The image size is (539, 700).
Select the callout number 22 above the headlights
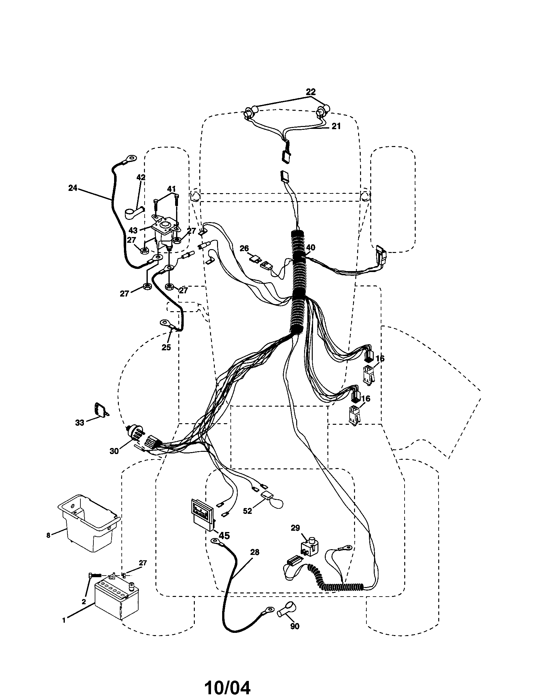coord(310,92)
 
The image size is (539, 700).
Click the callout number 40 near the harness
coord(310,248)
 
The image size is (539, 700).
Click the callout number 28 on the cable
coord(255,552)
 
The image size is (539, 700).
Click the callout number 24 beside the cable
coord(73,188)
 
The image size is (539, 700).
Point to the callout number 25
coord(166,347)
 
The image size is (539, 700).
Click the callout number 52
coord(248,511)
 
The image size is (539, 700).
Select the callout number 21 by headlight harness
coord(336,126)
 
